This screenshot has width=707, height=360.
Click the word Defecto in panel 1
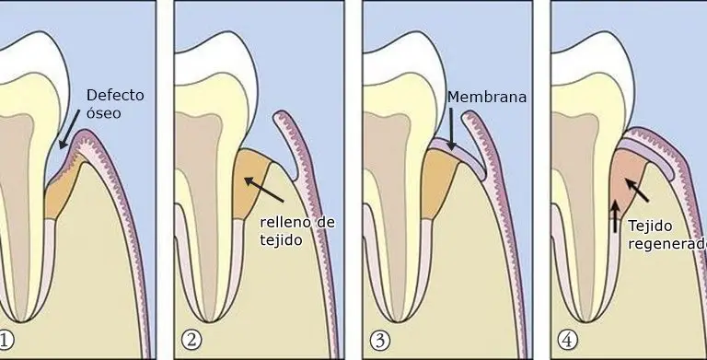point(115,95)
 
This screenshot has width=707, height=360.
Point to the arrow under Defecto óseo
point(70,129)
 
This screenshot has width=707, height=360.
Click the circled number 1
point(6,340)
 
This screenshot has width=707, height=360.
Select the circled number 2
point(191,340)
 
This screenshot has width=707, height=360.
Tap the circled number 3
point(379,341)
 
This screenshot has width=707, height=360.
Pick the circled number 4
point(567,341)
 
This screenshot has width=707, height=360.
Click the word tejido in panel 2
point(274,240)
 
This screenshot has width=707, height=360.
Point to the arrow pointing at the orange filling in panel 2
point(264,190)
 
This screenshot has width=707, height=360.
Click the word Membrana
point(487,97)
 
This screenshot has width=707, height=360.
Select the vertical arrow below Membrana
point(451,129)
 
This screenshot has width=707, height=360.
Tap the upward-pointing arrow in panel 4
point(615,217)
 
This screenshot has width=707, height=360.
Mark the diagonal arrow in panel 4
point(637,190)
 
